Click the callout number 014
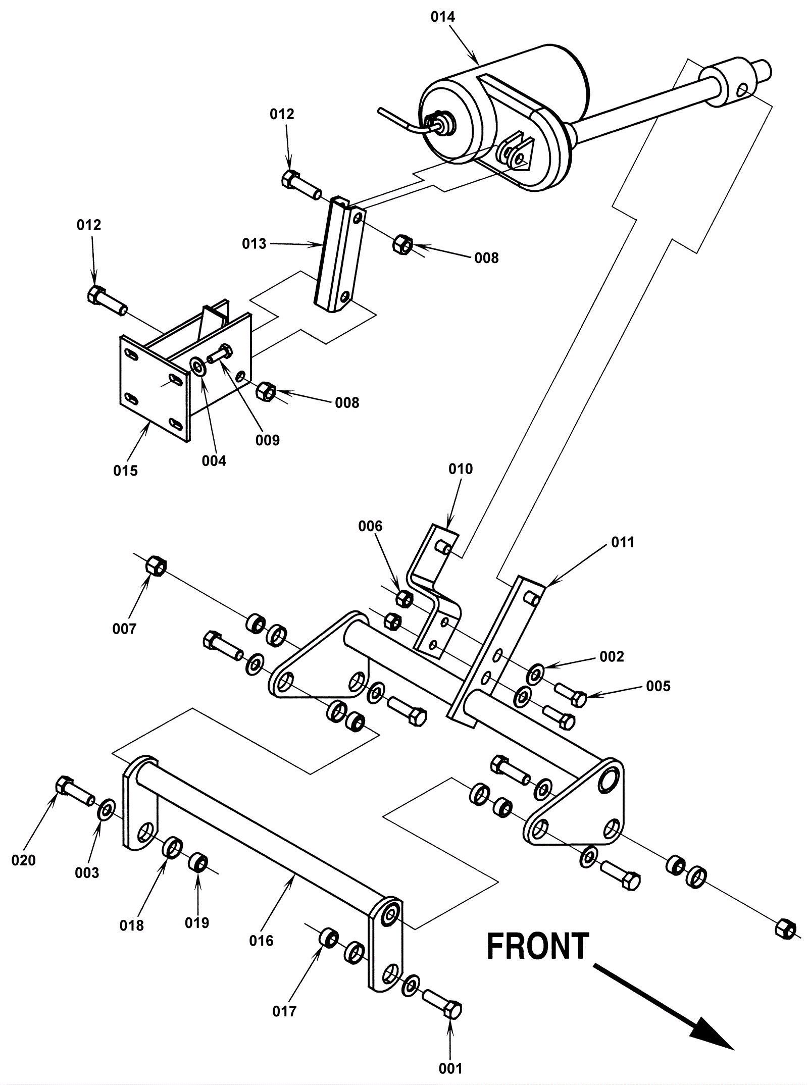coord(442,17)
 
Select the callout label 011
coord(622,542)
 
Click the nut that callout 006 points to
coord(404,598)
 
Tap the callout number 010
coord(461,469)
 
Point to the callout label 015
coord(125,471)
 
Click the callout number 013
coord(254,244)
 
